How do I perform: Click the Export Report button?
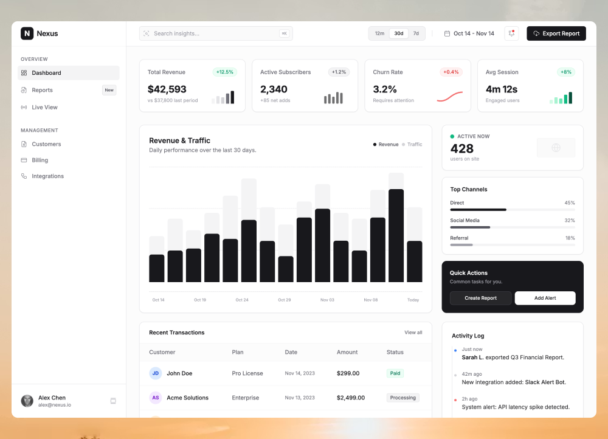(x=556, y=33)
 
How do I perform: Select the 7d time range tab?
(x=416, y=33)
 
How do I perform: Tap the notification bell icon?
(x=511, y=33)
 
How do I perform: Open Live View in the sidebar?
(x=44, y=107)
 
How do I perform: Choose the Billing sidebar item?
(x=40, y=160)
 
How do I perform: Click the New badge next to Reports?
(x=109, y=90)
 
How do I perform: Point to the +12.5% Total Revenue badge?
(x=224, y=72)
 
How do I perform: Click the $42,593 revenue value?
(x=167, y=89)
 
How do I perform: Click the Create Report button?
(x=480, y=298)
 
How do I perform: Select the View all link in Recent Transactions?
(x=413, y=333)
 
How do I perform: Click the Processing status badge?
(x=402, y=398)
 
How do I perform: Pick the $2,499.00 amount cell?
(x=351, y=398)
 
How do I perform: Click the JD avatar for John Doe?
(x=156, y=373)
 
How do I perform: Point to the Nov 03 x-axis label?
(x=327, y=300)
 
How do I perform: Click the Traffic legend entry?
(x=414, y=145)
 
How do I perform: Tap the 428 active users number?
(x=461, y=148)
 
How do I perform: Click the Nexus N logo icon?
(x=27, y=33)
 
